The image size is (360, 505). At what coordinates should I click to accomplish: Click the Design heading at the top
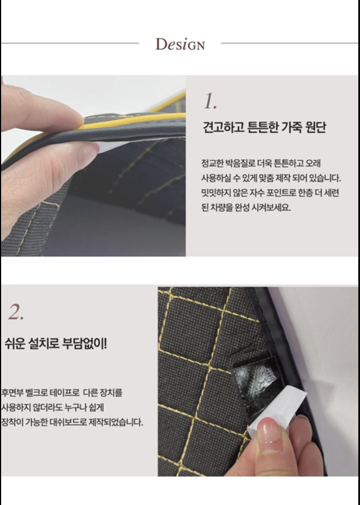pyautogui.click(x=180, y=44)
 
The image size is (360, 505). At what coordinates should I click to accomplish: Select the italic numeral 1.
pyautogui.click(x=210, y=102)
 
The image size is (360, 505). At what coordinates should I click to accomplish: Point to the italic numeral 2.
pyautogui.click(x=16, y=313)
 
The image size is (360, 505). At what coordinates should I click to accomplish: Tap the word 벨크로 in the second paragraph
pyautogui.click(x=36, y=392)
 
